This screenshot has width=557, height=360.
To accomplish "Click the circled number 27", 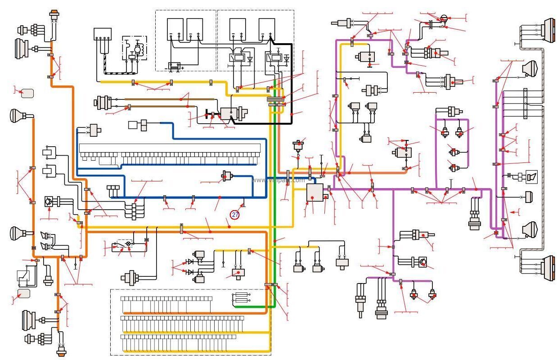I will (x=235, y=215).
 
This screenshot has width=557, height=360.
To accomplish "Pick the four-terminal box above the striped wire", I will (x=102, y=34).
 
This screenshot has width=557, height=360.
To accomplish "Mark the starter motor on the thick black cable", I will (x=231, y=113).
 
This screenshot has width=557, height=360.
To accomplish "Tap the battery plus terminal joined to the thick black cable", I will (x=270, y=35).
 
